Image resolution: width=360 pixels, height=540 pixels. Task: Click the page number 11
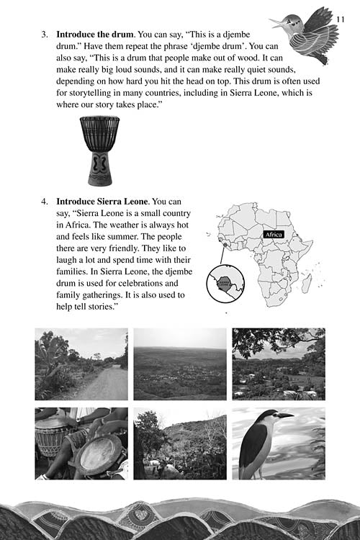(340, 19)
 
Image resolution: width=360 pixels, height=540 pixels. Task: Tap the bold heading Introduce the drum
(95, 35)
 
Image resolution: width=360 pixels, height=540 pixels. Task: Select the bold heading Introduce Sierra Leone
(102, 202)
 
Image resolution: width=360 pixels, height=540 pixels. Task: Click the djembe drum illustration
(99, 151)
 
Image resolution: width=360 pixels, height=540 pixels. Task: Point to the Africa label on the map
(274, 235)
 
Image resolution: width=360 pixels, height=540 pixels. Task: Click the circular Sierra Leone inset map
(225, 284)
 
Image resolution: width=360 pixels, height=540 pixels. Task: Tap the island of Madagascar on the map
(307, 284)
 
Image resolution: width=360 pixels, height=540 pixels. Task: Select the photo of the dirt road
(81, 364)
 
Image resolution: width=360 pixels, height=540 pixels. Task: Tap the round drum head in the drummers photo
(99, 453)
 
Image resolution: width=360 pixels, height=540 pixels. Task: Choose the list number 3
(45, 35)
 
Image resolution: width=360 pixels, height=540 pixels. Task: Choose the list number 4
(45, 202)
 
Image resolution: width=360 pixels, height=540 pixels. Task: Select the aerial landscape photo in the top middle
(180, 364)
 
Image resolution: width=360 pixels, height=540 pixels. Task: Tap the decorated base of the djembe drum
(99, 168)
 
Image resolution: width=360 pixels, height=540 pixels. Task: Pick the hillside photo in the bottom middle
(180, 444)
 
